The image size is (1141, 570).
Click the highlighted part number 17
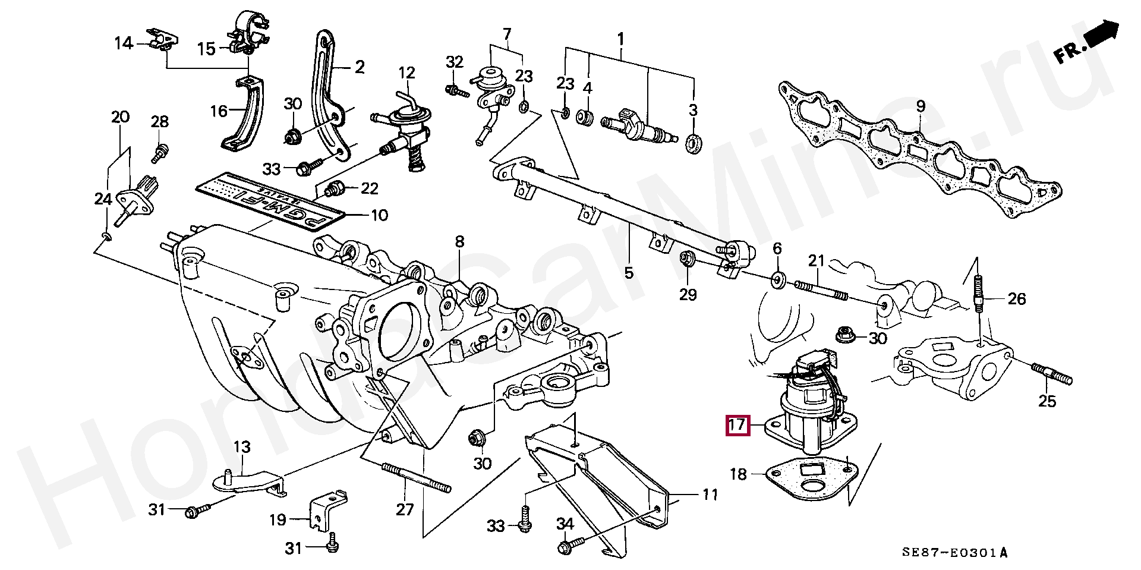pos(737,425)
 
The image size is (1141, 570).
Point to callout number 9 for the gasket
pos(921,107)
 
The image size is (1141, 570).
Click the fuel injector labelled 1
pos(639,127)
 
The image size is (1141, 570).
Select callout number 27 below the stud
pos(405,509)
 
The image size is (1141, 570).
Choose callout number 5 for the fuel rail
pos(629,273)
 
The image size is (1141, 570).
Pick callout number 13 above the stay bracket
pos(242,447)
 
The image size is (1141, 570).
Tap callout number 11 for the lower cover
pos(710,495)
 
